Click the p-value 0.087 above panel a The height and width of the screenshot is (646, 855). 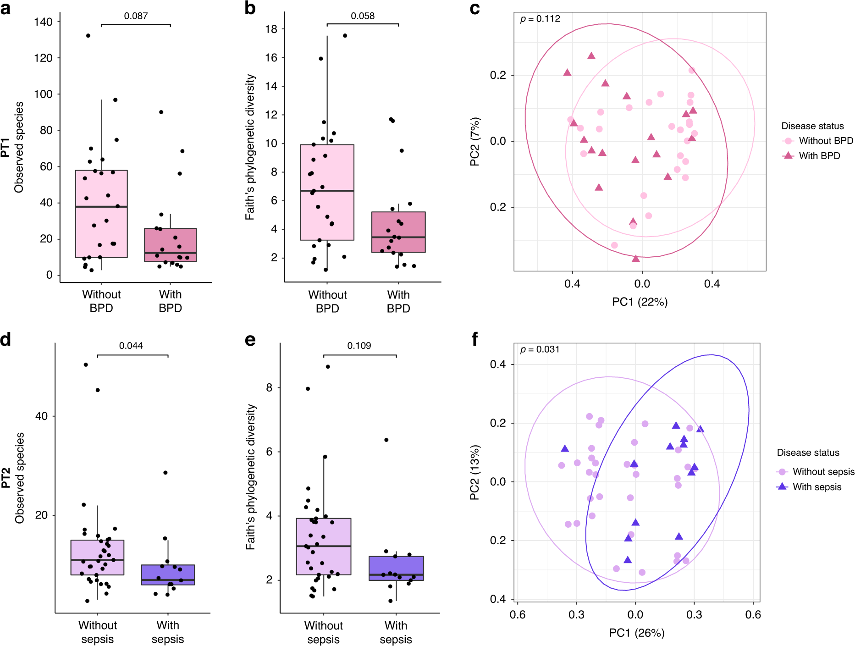pyautogui.click(x=136, y=16)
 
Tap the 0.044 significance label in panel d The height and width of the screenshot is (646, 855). pyautogui.click(x=131, y=346)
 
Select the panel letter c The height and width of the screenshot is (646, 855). pyautogui.click(x=475, y=8)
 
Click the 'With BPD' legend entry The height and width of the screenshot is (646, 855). pyautogui.click(x=819, y=156)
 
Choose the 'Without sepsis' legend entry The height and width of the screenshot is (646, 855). pyautogui.click(x=823, y=472)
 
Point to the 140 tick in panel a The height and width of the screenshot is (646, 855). pyautogui.click(x=43, y=22)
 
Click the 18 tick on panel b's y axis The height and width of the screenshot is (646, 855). pyautogui.click(x=271, y=29)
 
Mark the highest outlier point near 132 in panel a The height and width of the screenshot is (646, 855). pyautogui.click(x=88, y=35)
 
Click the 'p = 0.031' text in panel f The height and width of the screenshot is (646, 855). pyautogui.click(x=540, y=350)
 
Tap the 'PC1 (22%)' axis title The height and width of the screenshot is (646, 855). pyautogui.click(x=640, y=302)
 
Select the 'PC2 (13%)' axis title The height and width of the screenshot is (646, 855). pyautogui.click(x=475, y=472)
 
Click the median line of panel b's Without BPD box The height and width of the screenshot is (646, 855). pyautogui.click(x=327, y=190)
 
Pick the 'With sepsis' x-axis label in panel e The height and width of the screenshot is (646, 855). pyautogui.click(x=396, y=632)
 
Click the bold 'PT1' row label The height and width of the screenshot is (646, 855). pyautogui.click(x=6, y=147)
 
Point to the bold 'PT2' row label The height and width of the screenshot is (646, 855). pyautogui.click(x=6, y=478)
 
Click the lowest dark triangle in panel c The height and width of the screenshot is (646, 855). pyautogui.click(x=635, y=259)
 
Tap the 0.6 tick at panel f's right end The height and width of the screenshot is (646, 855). pyautogui.click(x=753, y=614)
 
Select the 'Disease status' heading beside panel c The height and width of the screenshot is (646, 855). pyautogui.click(x=812, y=126)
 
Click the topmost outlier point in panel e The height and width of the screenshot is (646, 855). pyautogui.click(x=328, y=367)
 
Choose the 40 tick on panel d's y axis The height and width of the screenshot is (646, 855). pyautogui.click(x=41, y=416)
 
